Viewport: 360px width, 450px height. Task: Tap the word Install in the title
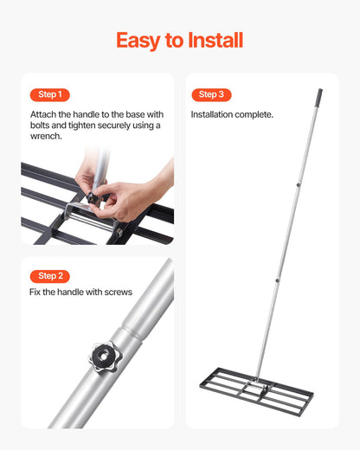point(215,40)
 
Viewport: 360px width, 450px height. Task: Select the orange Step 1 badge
point(50,94)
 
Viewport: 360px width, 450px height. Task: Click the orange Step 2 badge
point(50,276)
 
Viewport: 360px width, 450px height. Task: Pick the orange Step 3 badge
point(211,94)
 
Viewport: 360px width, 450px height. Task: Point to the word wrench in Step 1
point(46,136)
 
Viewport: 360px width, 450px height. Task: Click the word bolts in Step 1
point(40,125)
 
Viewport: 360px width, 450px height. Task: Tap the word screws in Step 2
point(119,292)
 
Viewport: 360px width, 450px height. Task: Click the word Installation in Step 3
point(212,114)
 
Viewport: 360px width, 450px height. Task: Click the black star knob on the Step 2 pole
point(104,357)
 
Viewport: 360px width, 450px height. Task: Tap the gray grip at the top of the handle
point(319,98)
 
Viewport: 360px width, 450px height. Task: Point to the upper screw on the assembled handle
point(298,185)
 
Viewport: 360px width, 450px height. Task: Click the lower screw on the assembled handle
point(277,280)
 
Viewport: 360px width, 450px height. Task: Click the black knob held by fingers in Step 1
point(93,197)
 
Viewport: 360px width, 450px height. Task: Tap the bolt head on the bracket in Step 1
point(119,232)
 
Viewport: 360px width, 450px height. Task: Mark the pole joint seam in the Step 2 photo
point(133,332)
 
